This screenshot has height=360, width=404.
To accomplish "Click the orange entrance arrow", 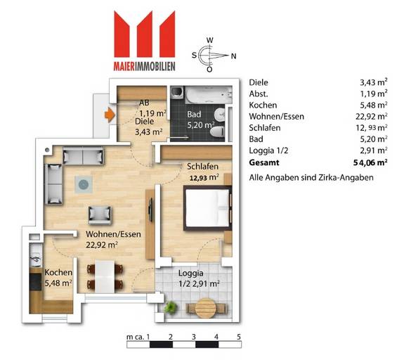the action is [x=110, y=115].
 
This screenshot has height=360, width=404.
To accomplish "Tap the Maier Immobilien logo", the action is [x=145, y=41].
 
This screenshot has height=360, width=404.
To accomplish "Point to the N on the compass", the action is [x=233, y=56].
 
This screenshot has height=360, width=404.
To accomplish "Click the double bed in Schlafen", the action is [x=208, y=207].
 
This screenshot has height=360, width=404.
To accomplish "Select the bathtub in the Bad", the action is [x=209, y=95].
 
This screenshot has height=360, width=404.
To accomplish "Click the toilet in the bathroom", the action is [x=218, y=133].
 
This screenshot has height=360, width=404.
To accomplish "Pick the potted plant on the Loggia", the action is [x=170, y=307].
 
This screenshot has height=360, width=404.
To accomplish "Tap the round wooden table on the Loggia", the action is [x=205, y=308].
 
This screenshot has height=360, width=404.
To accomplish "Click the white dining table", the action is [x=105, y=276].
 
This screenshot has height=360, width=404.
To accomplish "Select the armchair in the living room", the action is [x=100, y=215].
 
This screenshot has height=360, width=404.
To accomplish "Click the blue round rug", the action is [x=84, y=184].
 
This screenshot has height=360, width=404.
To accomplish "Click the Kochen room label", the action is [x=58, y=272].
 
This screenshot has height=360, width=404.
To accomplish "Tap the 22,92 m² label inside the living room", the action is [x=102, y=245].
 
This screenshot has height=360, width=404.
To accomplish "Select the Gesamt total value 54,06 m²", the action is [x=370, y=162].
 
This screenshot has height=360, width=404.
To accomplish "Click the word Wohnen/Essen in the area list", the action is [x=276, y=117].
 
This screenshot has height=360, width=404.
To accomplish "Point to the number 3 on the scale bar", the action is [x=193, y=337].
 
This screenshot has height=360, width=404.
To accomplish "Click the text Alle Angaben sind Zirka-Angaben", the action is [x=311, y=177].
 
